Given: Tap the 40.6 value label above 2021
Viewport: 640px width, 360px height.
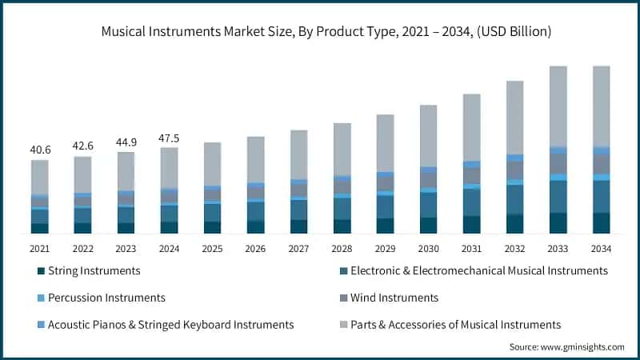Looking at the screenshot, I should (39, 150).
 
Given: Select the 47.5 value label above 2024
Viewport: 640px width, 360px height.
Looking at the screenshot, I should (169, 138).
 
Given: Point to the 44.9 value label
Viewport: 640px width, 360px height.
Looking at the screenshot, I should (126, 142).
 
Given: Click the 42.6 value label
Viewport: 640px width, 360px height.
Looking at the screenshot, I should (82, 146).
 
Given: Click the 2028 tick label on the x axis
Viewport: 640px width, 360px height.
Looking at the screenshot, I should (342, 250).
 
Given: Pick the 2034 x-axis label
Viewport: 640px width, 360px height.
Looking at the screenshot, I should (601, 250).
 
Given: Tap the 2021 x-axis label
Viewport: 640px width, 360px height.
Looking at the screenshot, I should (39, 250).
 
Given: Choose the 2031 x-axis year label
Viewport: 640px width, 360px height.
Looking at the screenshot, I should (471, 250).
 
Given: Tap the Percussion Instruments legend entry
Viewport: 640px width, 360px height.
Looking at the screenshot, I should (106, 298).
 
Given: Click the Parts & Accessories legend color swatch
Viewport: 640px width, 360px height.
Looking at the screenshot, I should (344, 325).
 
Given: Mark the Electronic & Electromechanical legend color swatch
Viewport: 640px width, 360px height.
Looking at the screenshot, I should (344, 271).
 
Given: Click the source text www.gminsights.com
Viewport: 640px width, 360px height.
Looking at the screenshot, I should (566, 347).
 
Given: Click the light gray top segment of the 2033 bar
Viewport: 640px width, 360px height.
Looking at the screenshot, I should (558, 106).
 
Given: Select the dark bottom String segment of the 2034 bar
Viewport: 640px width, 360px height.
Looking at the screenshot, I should (601, 223).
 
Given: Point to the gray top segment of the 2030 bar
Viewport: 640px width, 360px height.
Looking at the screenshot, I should (428, 136).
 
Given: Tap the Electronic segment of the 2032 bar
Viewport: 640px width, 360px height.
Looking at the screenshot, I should (514, 199).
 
